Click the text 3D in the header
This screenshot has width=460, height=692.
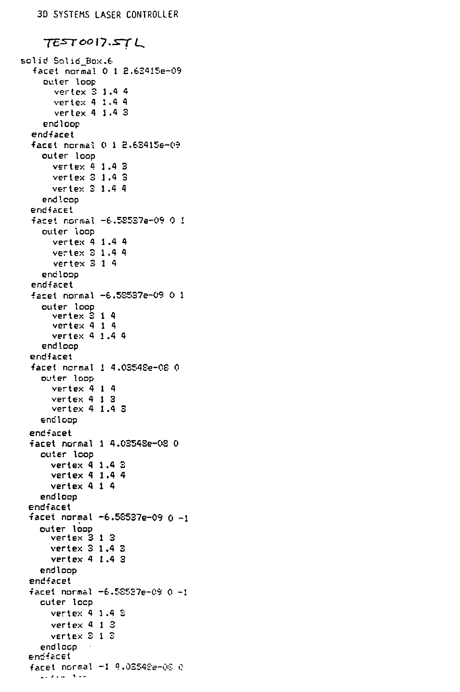(x=42, y=14)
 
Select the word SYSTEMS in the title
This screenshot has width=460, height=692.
(x=71, y=15)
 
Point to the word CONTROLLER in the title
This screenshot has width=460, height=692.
(x=152, y=15)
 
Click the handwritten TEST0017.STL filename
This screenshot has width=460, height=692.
(x=94, y=43)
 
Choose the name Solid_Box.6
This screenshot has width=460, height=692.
(x=83, y=61)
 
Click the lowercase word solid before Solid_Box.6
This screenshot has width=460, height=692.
(x=34, y=61)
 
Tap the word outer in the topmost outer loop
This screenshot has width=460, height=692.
(x=56, y=82)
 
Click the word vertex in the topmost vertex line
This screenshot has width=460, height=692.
(x=70, y=92)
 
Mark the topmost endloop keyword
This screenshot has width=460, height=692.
(x=61, y=124)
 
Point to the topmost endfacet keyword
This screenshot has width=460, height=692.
(x=53, y=135)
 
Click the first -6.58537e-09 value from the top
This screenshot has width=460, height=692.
(x=133, y=220)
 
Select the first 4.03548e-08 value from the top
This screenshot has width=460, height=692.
(x=140, y=368)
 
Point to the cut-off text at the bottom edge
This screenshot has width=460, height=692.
(x=63, y=677)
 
